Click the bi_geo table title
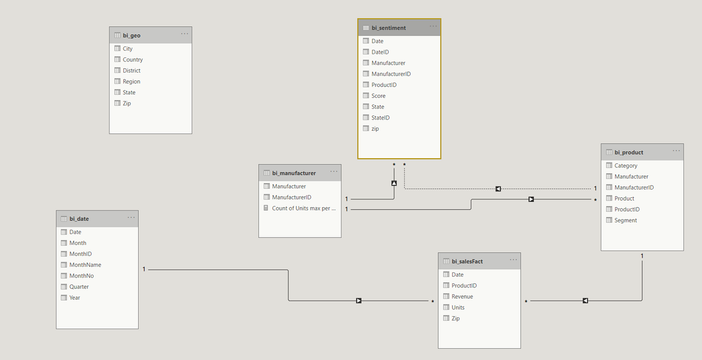132,35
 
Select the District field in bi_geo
132,71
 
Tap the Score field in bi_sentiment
378,96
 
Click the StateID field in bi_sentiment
380,118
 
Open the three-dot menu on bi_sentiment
433,26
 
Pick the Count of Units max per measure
304,208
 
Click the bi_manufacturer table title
294,173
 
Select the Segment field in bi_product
625,221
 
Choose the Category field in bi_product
626,166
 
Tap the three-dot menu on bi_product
676,151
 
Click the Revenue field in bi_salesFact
462,297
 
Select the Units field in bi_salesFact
458,308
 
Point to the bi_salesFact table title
467,261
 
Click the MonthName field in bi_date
85,265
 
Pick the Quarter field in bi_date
79,287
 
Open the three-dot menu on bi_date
131,218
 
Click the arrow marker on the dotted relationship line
498,188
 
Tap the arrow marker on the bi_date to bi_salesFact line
359,301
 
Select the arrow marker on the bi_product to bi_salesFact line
585,301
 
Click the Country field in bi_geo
133,60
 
